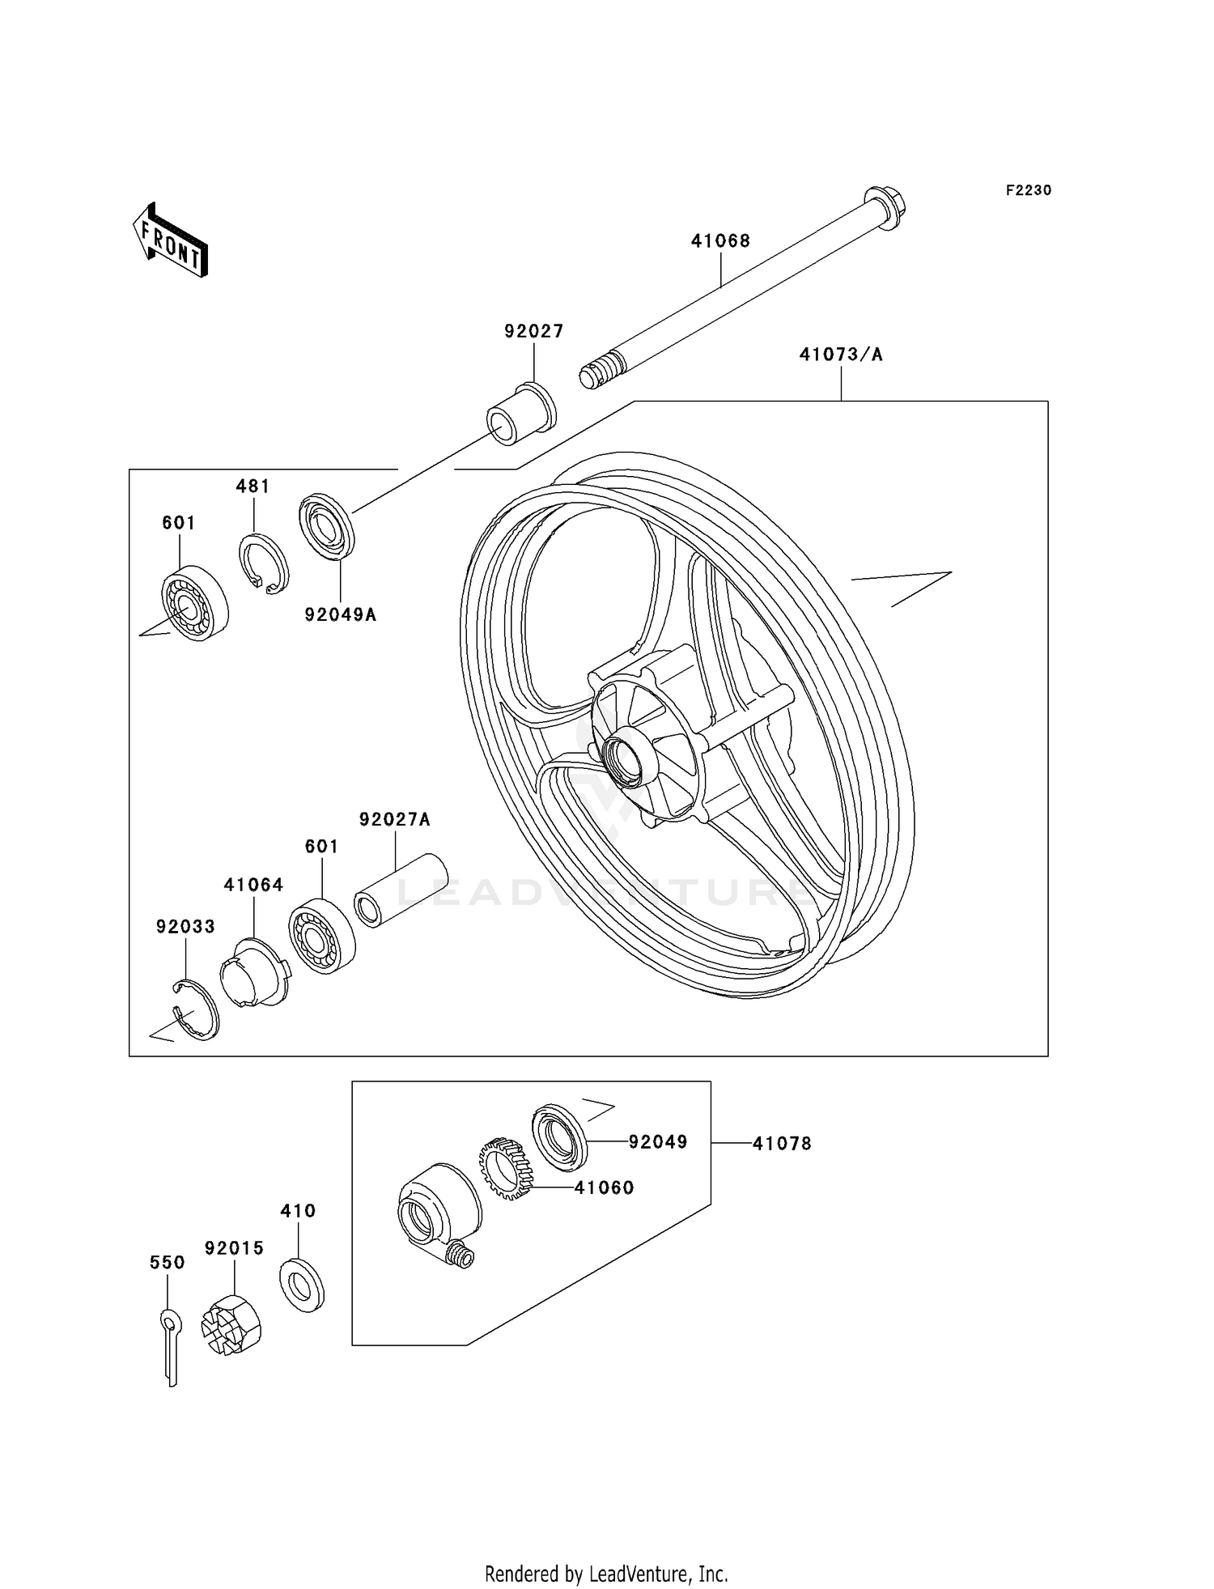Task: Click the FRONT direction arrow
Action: (x=171, y=240)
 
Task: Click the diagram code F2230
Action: (x=1029, y=190)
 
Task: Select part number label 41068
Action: (x=720, y=240)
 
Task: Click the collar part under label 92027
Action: (x=521, y=414)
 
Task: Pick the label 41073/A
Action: (x=841, y=354)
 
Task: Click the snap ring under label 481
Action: (x=264, y=563)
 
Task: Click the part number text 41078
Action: (x=781, y=1143)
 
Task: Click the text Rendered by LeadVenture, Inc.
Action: (x=606, y=1574)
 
